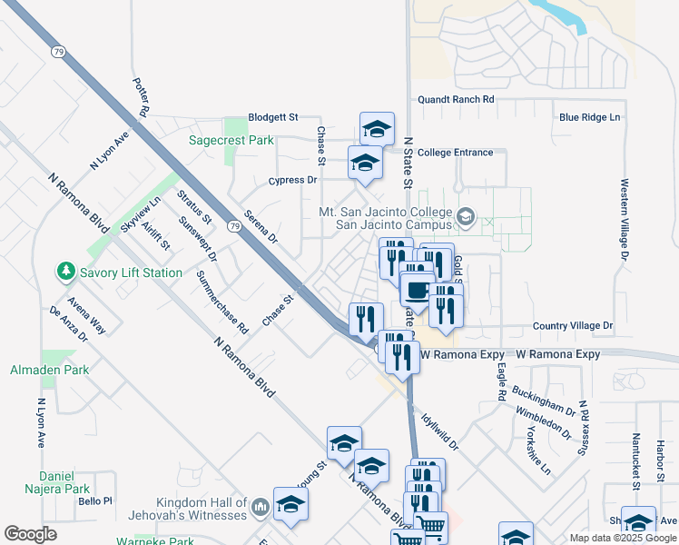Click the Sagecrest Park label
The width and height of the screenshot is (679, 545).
click(x=231, y=141)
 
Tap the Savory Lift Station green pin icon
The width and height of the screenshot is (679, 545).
click(x=65, y=271)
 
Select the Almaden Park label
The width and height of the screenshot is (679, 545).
click(x=37, y=370)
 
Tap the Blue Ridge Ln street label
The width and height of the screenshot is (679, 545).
click(x=589, y=117)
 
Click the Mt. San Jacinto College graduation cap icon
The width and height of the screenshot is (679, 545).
click(x=466, y=216)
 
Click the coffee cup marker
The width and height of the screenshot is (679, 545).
click(x=417, y=291)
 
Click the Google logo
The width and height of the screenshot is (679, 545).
click(x=31, y=534)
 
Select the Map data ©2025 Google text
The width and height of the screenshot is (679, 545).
click(x=622, y=538)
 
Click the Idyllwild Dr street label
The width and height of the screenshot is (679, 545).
click(x=440, y=432)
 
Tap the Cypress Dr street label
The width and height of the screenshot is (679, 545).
click(x=292, y=180)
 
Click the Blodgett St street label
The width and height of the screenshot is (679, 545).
click(x=273, y=117)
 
